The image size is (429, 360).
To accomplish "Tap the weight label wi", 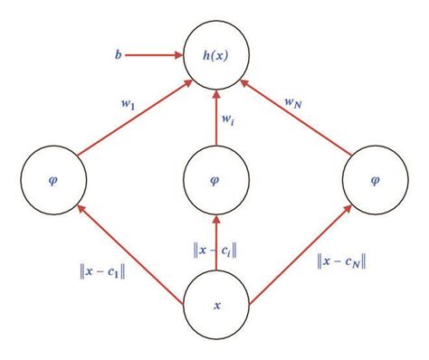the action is tap(228, 117).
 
